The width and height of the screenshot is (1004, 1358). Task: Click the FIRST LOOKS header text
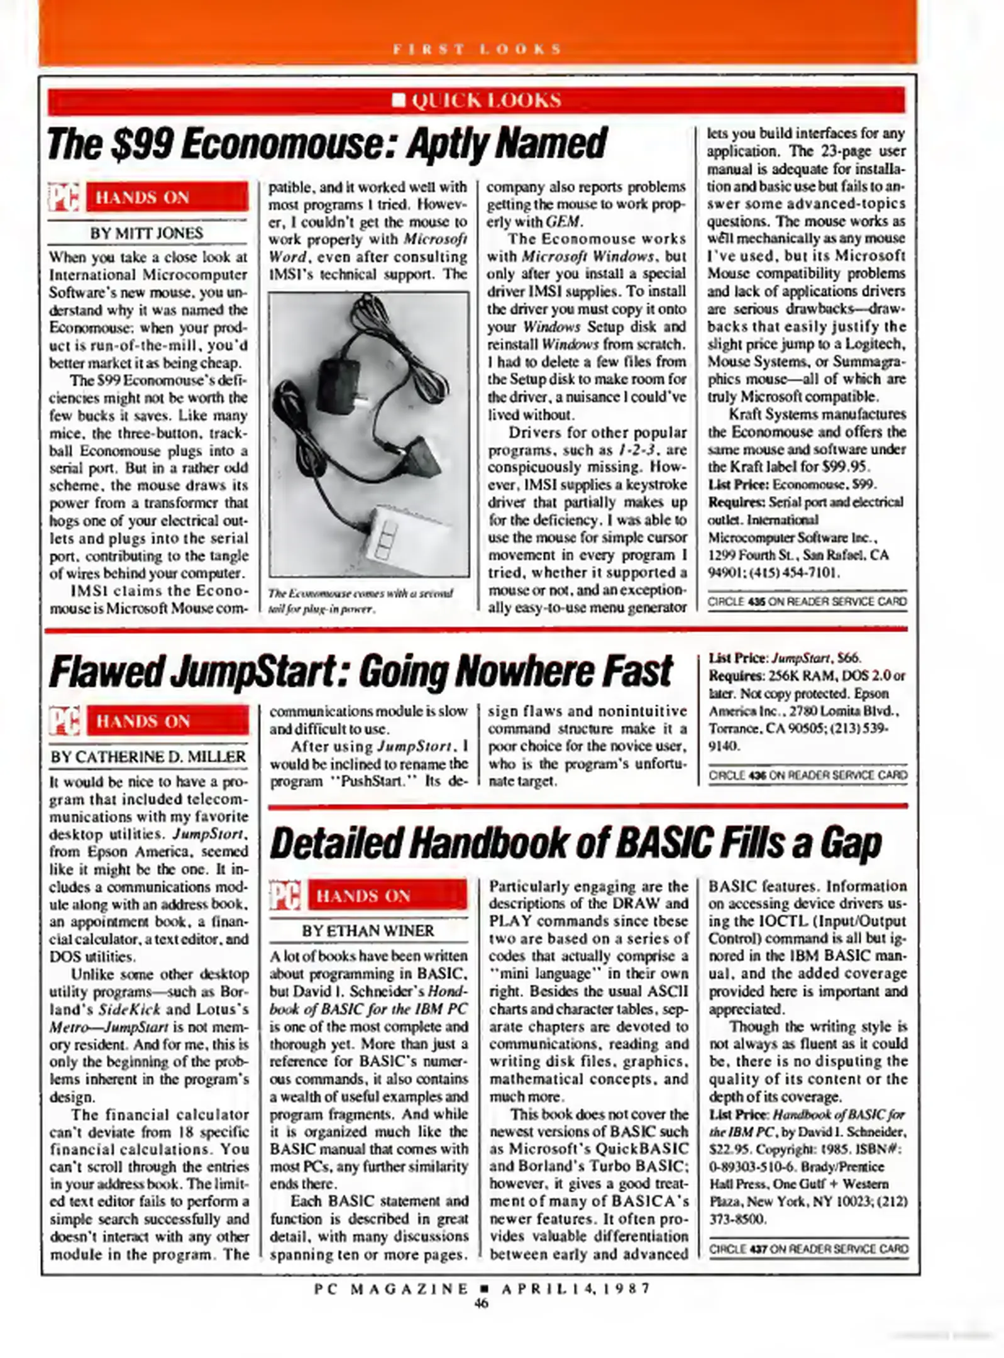477,49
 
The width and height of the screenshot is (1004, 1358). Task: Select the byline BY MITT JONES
146,233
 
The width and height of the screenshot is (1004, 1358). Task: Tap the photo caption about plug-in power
360,601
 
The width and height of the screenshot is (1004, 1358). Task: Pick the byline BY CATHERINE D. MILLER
148,757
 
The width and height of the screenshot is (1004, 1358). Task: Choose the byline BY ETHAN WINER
368,931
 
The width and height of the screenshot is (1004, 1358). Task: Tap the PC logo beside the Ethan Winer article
285,895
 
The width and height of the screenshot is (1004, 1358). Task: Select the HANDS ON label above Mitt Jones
142,197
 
